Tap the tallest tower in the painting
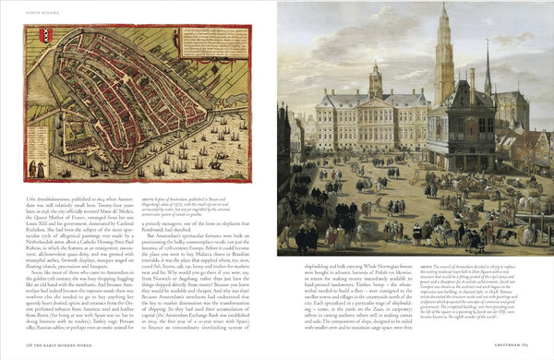(x=444, y=55)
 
